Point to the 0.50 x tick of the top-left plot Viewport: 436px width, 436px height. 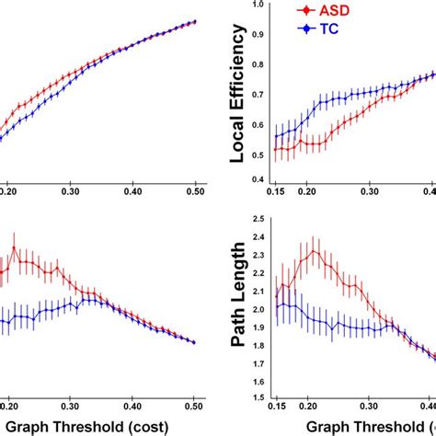[195, 194]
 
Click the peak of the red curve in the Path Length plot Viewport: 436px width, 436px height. [315, 250]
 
